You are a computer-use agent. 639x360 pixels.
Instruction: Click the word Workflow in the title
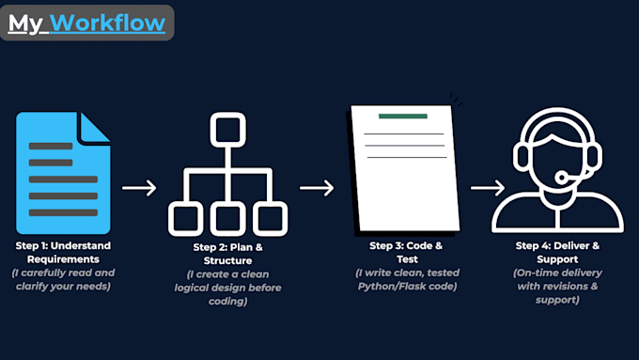[108, 23]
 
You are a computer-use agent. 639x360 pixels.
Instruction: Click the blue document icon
[63, 173]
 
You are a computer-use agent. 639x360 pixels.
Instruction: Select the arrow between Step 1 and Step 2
[139, 187]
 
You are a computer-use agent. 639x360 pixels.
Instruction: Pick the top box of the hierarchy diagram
[226, 129]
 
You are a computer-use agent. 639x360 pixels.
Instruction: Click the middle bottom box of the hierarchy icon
[226, 219]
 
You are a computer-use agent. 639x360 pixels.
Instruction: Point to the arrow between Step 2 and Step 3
[317, 187]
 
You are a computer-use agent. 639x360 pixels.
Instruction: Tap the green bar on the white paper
[402, 117]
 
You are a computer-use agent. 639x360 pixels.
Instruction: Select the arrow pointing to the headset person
[487, 187]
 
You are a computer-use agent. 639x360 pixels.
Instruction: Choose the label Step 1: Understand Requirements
[63, 252]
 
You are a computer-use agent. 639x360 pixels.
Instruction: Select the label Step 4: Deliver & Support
[558, 252]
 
